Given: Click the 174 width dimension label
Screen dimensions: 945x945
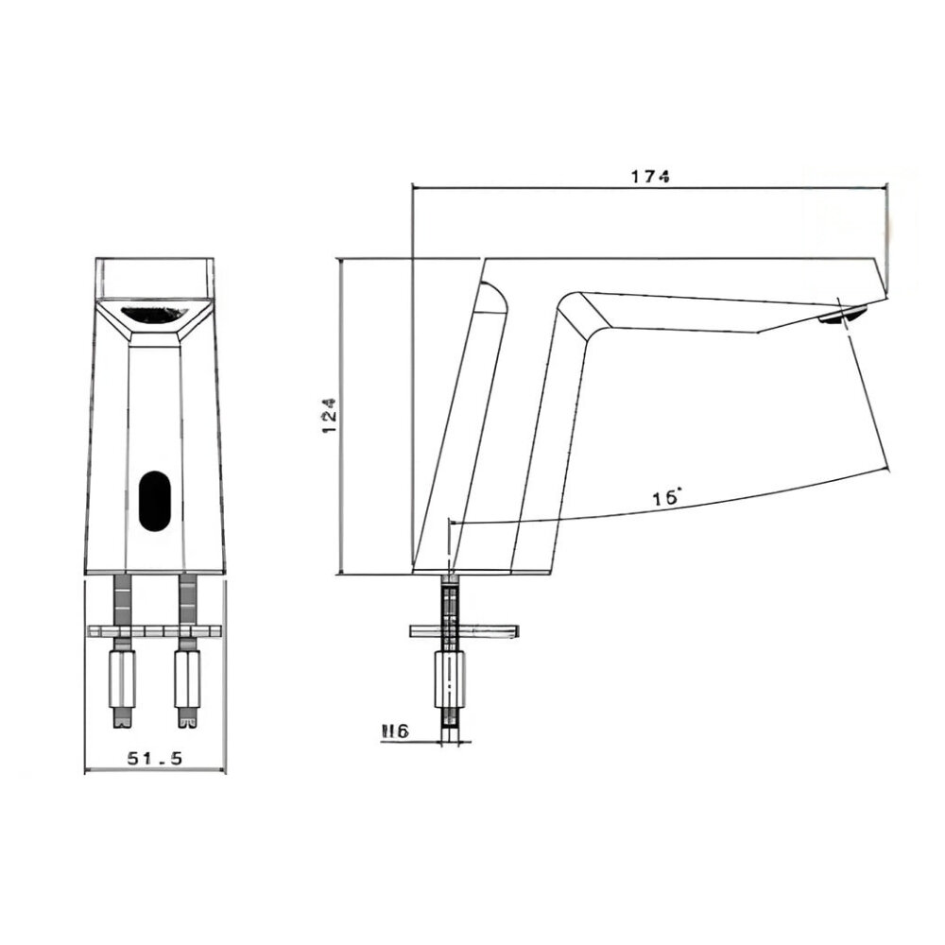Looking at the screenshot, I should pyautogui.click(x=650, y=176).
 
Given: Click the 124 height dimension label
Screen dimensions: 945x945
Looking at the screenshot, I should pyautogui.click(x=329, y=416).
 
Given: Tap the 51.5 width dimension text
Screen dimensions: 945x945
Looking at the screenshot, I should pyautogui.click(x=154, y=757).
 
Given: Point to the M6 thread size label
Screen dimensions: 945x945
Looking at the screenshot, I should pyautogui.click(x=394, y=730).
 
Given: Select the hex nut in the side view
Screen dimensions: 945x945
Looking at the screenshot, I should pyautogui.click(x=450, y=679).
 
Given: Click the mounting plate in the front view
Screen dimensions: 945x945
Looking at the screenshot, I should pyautogui.click(x=154, y=630).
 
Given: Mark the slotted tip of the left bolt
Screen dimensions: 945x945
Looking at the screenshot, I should pyautogui.click(x=123, y=720).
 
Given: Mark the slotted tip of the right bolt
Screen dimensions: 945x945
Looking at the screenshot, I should pyautogui.click(x=186, y=720).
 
